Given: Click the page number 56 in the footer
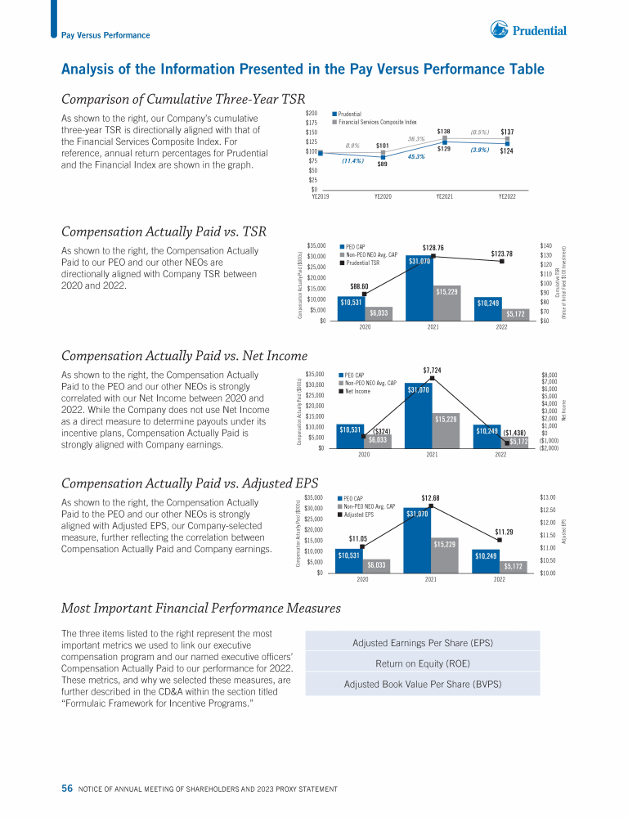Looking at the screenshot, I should (67, 789).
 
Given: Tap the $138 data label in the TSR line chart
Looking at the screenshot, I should (444, 131).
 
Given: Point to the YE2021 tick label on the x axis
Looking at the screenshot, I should (445, 196).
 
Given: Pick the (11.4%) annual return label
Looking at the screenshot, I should (353, 161).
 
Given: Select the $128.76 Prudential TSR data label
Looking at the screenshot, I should (433, 247).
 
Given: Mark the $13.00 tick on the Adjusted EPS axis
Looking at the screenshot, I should (549, 497).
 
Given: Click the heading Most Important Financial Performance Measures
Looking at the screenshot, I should (201, 608).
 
